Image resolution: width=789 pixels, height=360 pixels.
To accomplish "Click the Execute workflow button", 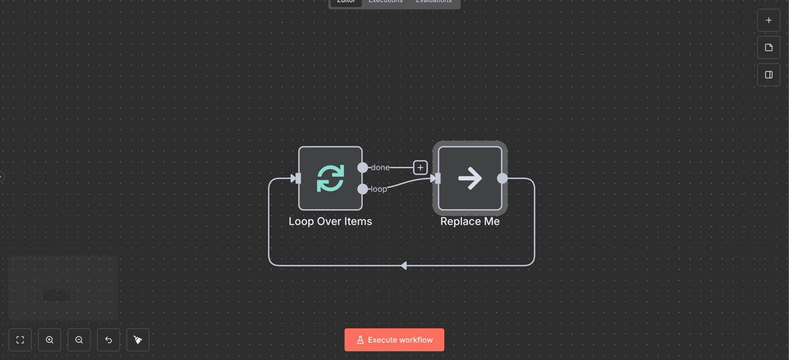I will (x=394, y=340).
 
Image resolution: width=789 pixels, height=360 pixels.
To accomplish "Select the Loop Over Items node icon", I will (x=330, y=178).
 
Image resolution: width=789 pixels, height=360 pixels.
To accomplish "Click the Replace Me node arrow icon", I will (x=470, y=178).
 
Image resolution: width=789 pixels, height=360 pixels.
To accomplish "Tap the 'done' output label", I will (x=380, y=168).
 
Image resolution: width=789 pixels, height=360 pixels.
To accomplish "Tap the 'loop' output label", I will (x=379, y=189).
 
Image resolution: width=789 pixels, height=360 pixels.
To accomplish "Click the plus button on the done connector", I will (x=420, y=168).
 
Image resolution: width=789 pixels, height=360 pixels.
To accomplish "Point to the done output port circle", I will (x=363, y=168).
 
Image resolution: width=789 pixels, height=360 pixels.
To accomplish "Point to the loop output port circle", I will (x=363, y=189).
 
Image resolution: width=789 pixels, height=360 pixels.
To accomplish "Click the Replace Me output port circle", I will (x=503, y=179).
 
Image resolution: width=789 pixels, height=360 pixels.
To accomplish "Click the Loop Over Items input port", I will (x=296, y=179).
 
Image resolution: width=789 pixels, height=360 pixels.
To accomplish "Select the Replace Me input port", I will (x=437, y=179).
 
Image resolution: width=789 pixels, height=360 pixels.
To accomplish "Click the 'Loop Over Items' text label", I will (x=330, y=221).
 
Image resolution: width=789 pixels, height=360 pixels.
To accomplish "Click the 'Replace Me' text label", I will (x=470, y=221).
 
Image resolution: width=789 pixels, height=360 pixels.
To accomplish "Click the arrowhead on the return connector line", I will (x=404, y=266).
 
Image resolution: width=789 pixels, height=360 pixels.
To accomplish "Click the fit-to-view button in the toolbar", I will (x=20, y=340).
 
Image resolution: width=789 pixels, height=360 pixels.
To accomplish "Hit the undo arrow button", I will (x=109, y=340).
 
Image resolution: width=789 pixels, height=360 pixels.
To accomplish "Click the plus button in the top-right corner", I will (x=769, y=20).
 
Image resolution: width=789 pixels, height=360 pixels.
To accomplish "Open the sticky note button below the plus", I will (x=769, y=47).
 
